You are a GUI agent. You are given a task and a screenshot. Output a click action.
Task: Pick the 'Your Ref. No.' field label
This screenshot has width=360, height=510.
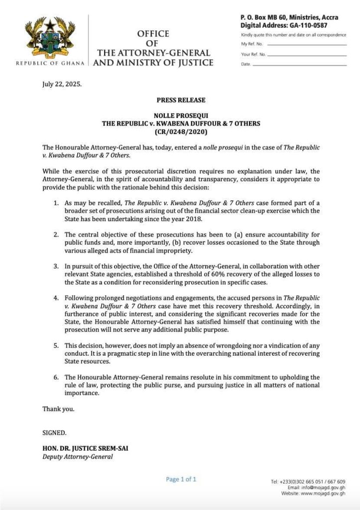253,54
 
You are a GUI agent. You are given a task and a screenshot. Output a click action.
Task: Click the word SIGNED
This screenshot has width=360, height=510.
54,433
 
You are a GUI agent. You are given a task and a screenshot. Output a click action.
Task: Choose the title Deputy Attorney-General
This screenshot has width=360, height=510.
77,456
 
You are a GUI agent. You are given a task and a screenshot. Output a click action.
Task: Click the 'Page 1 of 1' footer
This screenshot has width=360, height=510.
181,479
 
